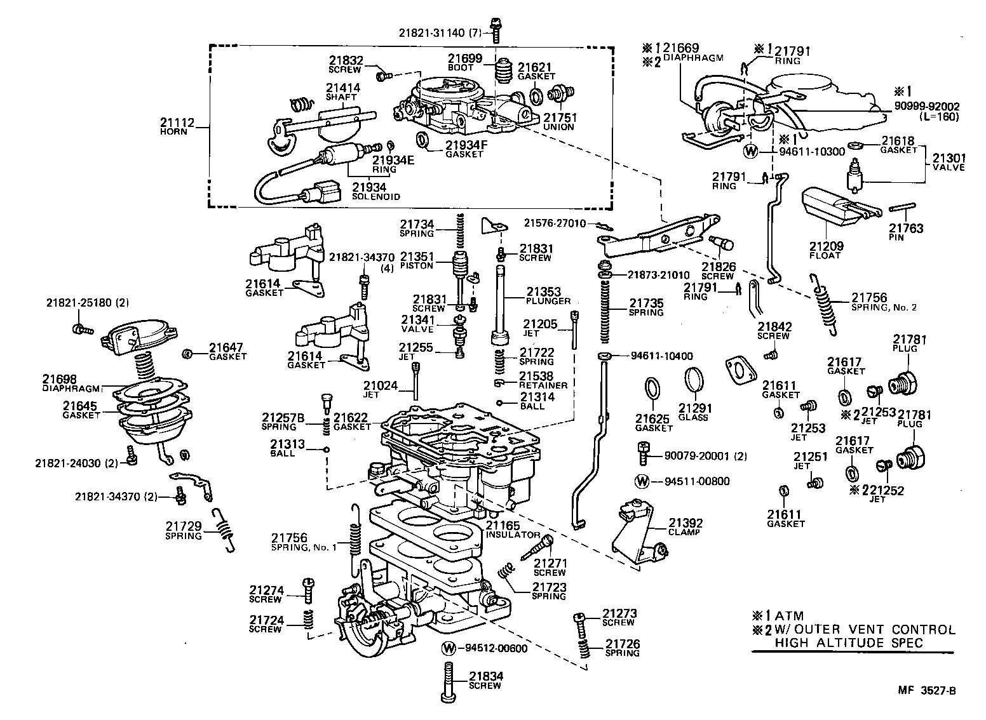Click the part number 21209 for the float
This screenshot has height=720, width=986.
[x=825, y=246]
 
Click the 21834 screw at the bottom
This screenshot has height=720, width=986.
[x=449, y=680]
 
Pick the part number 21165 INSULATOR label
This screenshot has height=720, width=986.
[x=513, y=530]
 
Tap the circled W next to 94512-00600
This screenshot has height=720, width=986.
[x=449, y=648]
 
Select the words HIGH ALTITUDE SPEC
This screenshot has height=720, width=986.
[x=848, y=643]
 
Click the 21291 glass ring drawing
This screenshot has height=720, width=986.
[x=694, y=381]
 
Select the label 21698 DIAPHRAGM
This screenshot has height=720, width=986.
[x=72, y=383]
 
